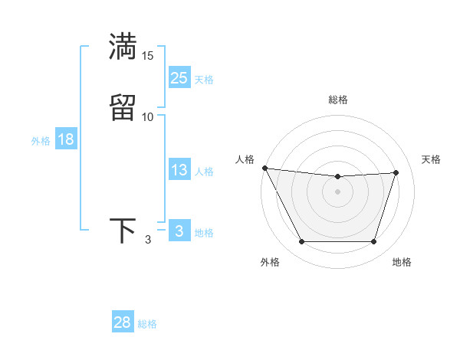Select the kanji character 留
tap(123, 106)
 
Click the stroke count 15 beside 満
tap(147, 56)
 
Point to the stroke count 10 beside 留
tap(147, 116)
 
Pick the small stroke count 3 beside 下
tap(147, 240)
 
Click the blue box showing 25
tap(179, 78)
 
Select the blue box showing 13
tap(179, 171)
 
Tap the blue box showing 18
tap(65, 139)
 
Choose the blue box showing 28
tap(123, 322)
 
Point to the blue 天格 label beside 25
tap(204, 80)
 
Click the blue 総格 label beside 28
tap(147, 324)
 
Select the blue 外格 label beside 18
tap(41, 141)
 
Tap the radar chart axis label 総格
tap(338, 100)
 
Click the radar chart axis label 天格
tap(431, 159)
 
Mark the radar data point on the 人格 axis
tap(264, 168)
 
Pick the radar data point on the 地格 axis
tap(374, 242)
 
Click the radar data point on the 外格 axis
tap(301, 242)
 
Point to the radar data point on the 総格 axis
tap(338, 177)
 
